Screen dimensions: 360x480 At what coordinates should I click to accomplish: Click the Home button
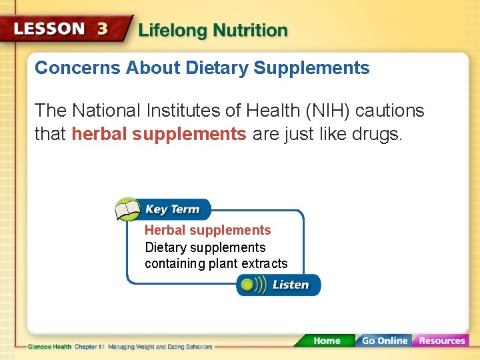click(327, 341)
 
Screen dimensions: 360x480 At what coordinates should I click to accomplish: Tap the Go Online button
click(384, 341)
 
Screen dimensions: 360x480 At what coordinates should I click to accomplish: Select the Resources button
click(441, 341)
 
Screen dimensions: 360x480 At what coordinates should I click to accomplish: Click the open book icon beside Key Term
click(128, 209)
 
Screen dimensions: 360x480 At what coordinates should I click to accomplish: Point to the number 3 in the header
click(103, 29)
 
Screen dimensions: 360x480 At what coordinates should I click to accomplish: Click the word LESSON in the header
click(50, 29)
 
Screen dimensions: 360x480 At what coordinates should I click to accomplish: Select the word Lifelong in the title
click(173, 31)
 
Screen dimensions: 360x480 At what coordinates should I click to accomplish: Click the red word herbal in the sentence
click(99, 134)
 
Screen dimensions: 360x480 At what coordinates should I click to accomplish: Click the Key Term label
click(172, 209)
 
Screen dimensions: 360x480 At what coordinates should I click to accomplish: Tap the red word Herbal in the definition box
click(165, 230)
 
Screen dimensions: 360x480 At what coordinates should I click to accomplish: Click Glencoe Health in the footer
click(50, 347)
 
